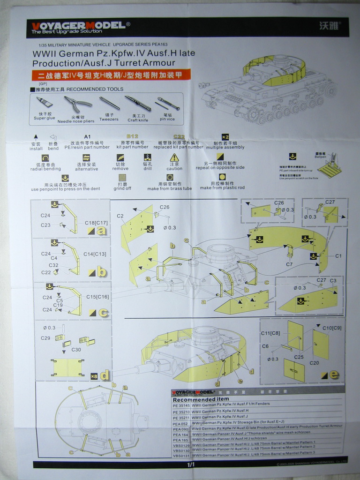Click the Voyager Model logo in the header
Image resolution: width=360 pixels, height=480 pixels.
[x=78, y=27]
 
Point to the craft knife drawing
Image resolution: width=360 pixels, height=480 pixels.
[x=138, y=103]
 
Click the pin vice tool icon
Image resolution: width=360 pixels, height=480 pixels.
[x=168, y=103]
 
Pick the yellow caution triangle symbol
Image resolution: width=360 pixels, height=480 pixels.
[x=174, y=157]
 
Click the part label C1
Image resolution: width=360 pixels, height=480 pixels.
[x=338, y=256]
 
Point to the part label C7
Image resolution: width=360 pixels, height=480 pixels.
[x=289, y=264]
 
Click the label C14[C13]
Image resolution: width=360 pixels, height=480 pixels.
[x=95, y=254]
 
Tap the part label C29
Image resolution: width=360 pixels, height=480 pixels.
[x=45, y=337]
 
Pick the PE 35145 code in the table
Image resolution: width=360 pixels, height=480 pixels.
[x=181, y=405]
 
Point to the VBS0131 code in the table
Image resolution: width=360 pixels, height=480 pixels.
[x=181, y=455]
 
